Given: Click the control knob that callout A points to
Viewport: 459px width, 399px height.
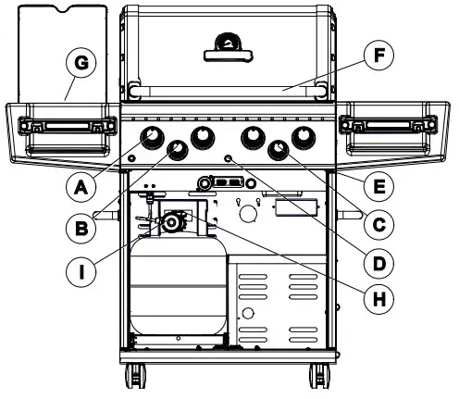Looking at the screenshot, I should click(x=152, y=139).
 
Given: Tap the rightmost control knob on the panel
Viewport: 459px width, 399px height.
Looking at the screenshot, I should click(x=302, y=139).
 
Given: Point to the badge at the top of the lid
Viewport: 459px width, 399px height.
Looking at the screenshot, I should click(x=227, y=43).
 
